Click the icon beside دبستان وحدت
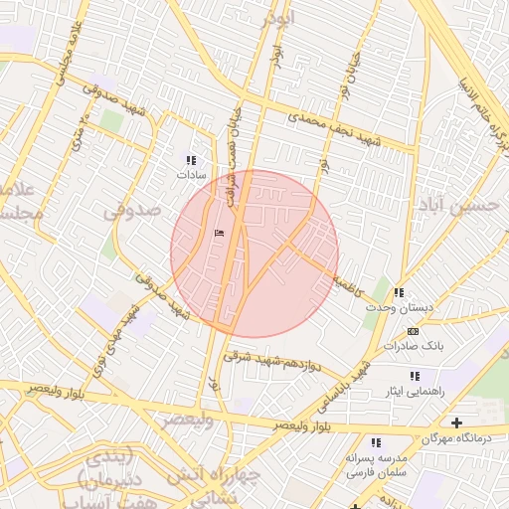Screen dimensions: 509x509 click(399, 293)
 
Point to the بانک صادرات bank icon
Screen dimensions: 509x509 click(414, 331)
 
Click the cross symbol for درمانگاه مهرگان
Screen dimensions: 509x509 click(456, 424)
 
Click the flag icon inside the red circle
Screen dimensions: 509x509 click(220, 234)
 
